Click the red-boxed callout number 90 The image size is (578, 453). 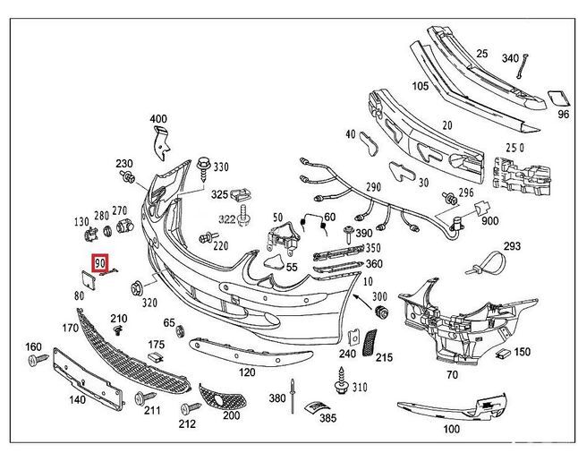[x=99, y=263]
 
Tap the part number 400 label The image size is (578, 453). [x=158, y=120]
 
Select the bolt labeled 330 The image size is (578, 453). [x=203, y=164]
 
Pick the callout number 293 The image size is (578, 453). [x=511, y=245]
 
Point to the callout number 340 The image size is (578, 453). [x=510, y=58]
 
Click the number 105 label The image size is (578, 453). [x=419, y=86]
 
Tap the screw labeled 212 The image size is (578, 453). [x=187, y=401]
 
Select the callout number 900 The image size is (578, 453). [x=490, y=221]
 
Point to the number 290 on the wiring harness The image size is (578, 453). [x=372, y=186]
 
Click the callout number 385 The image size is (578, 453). [x=327, y=417]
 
